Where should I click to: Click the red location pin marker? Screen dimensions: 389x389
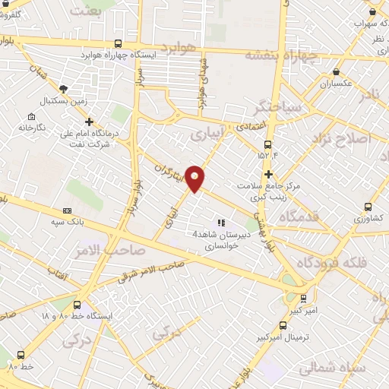coord(195,179)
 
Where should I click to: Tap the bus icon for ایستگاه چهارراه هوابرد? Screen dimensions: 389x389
coord(117,43)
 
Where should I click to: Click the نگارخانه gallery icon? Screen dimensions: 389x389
coord(30,116)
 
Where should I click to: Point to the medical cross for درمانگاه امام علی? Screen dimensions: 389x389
coord(90,121)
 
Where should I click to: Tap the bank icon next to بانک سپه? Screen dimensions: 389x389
coord(68,210)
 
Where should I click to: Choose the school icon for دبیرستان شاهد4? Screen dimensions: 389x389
coord(220,222)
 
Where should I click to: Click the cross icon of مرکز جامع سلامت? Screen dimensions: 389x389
coord(267,174)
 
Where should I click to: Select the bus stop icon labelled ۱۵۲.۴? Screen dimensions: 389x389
coord(267,144)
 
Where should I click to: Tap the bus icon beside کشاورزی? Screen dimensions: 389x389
coord(368,206)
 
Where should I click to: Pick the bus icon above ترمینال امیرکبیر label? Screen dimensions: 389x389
coord(303,299)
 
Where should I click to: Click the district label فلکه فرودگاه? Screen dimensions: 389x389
coord(335,263)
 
